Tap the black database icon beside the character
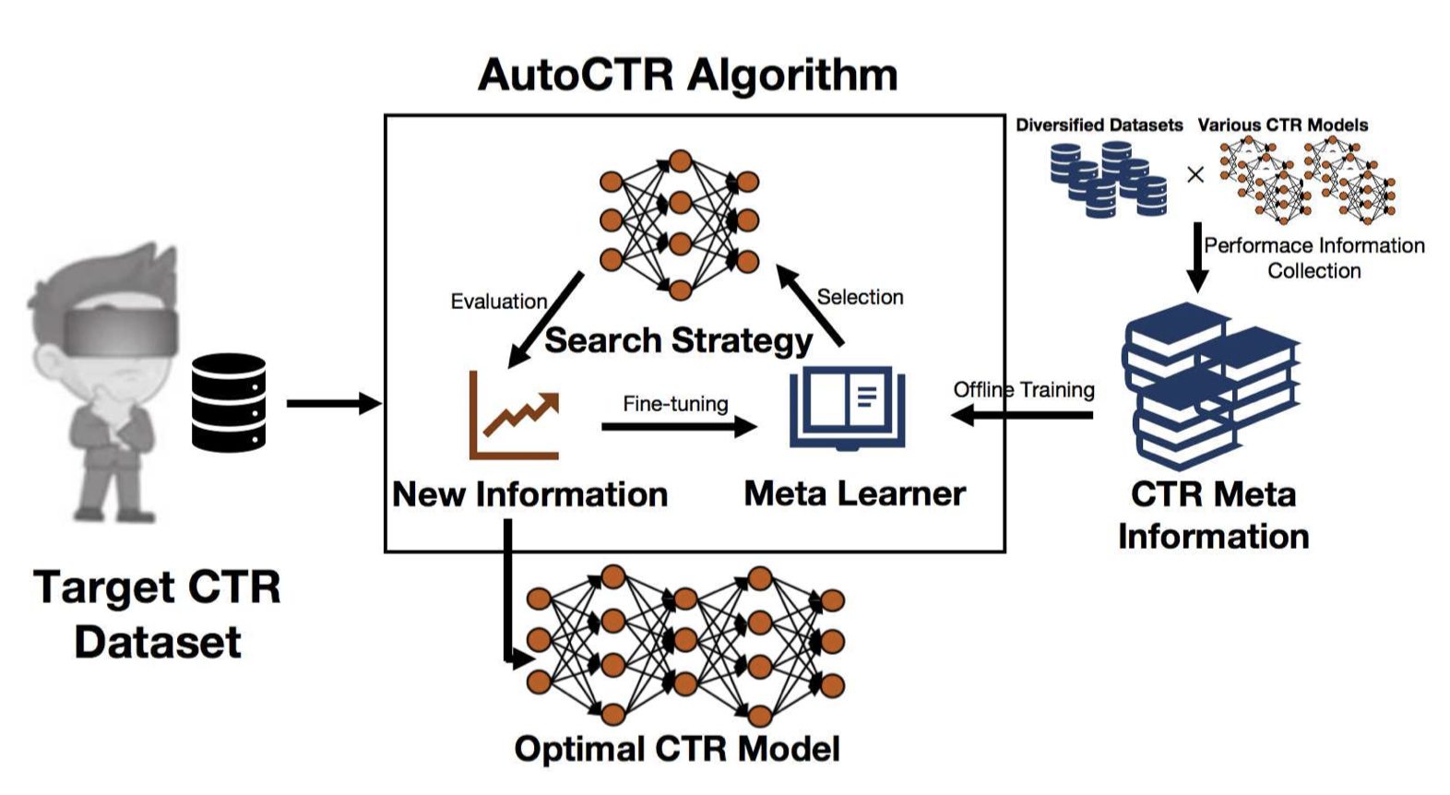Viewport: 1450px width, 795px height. pyautogui.click(x=229, y=403)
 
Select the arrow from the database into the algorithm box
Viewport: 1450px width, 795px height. pyautogui.click(x=333, y=403)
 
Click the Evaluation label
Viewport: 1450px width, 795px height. pyautogui.click(x=498, y=302)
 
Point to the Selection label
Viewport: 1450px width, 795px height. pyautogui.click(x=860, y=297)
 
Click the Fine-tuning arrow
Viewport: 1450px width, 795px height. pyautogui.click(x=678, y=426)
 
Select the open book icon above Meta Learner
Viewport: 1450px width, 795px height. pyautogui.click(x=847, y=408)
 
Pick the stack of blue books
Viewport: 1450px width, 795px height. pyautogui.click(x=1210, y=387)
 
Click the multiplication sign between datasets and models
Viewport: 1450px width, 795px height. pyautogui.click(x=1195, y=174)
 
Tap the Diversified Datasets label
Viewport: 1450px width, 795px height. pyautogui.click(x=1099, y=125)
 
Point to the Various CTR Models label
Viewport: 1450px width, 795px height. pyautogui.click(x=1282, y=125)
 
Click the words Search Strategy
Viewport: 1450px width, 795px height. pyautogui.click(x=678, y=340)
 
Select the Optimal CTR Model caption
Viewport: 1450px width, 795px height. pyautogui.click(x=677, y=749)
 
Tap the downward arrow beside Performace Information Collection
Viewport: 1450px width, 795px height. pyautogui.click(x=1196, y=256)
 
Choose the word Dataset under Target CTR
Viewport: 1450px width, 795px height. pyautogui.click(x=158, y=642)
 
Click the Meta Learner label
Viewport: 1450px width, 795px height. pyautogui.click(x=854, y=493)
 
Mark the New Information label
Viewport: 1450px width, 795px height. pyautogui.click(x=529, y=494)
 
